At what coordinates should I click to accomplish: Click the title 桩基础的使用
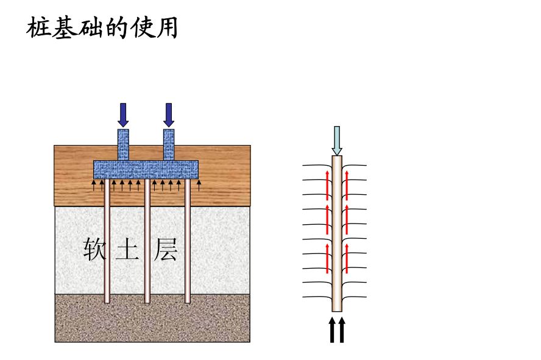[102, 28]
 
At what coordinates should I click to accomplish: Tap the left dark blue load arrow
[123, 115]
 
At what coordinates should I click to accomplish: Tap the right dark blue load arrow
[169, 115]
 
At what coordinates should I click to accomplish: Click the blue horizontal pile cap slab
[146, 169]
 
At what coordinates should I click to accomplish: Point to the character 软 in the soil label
[94, 250]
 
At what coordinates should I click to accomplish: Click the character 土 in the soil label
[127, 250]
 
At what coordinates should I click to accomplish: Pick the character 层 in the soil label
[165, 250]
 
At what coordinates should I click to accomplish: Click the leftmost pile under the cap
[107, 244]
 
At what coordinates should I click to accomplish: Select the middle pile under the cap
[147, 244]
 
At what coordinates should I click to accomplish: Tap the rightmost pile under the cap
[187, 244]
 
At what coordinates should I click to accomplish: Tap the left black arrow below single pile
[332, 330]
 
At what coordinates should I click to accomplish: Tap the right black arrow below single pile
[341, 330]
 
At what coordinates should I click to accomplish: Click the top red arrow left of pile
[327, 185]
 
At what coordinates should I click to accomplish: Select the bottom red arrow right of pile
[347, 258]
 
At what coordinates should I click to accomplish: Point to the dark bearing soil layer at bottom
[152, 320]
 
